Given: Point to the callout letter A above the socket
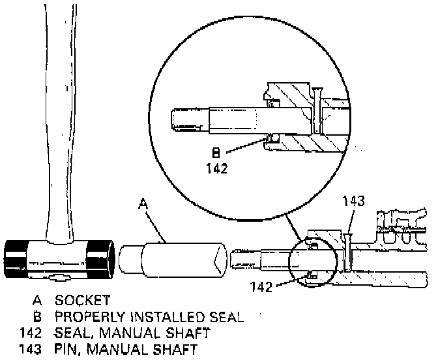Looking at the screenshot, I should [144, 204].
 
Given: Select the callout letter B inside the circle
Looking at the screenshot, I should [216, 154].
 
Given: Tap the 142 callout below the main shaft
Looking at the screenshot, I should [263, 284].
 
